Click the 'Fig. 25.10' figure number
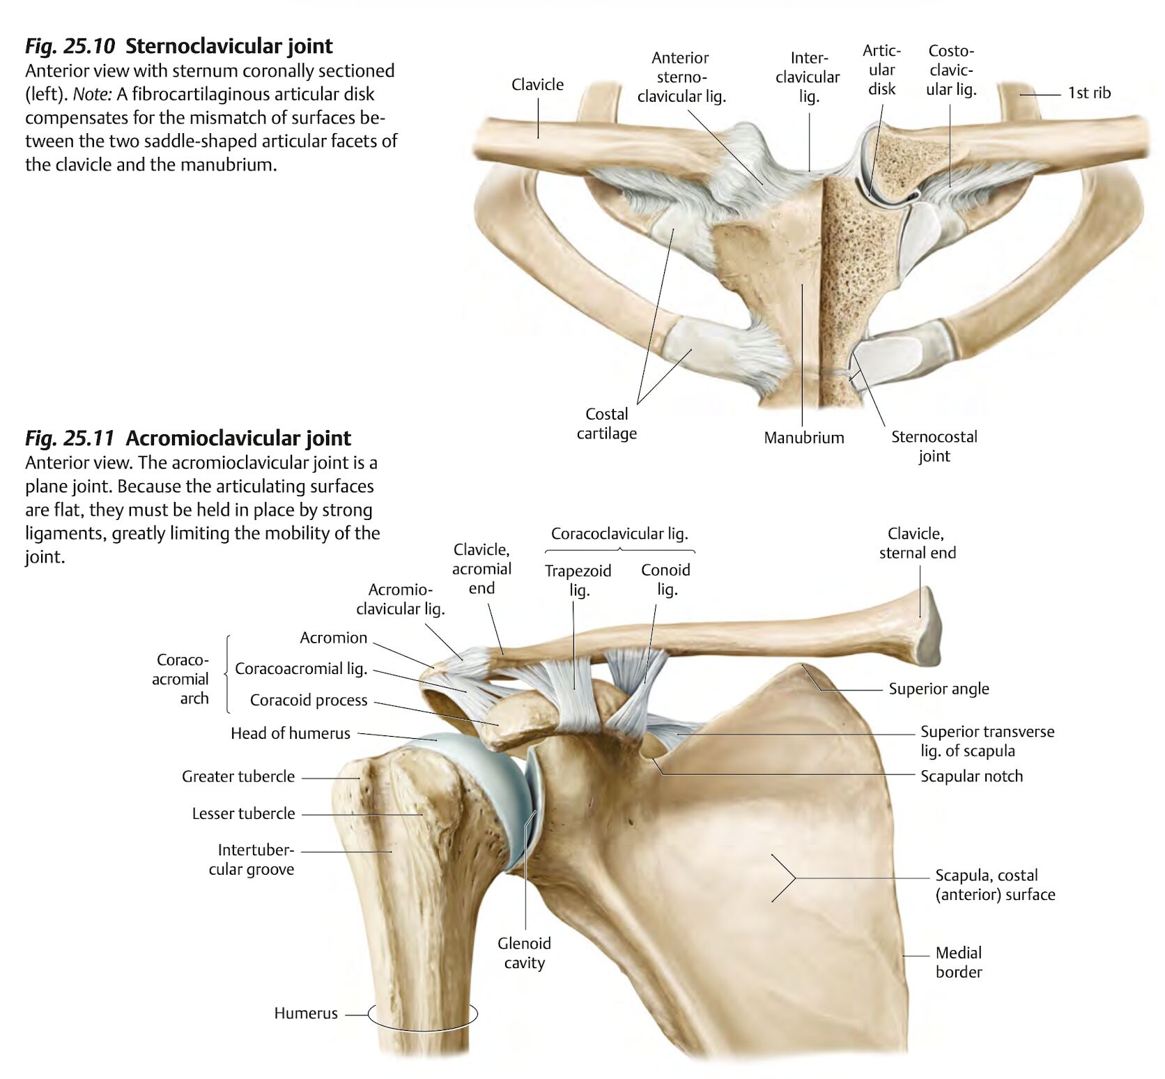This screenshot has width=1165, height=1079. (70, 46)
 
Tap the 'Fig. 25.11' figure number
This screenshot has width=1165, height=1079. (70, 438)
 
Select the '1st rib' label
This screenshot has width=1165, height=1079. (1090, 93)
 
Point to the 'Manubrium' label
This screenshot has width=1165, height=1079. (804, 438)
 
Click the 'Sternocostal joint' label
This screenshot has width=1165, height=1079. (934, 446)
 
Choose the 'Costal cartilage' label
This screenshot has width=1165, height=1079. (607, 424)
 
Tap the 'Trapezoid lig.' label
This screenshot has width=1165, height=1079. (578, 581)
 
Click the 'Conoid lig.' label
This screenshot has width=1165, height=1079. (666, 580)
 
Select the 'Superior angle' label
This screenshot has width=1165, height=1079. (939, 689)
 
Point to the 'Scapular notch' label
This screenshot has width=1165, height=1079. (971, 776)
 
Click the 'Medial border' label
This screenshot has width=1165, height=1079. (959, 962)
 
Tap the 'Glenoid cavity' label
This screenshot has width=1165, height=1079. (525, 953)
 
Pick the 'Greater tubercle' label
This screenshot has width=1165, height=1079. (238, 776)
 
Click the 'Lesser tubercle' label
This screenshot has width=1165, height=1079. (244, 813)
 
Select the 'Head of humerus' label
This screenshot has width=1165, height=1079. (291, 733)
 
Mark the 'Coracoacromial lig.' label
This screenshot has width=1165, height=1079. (301, 669)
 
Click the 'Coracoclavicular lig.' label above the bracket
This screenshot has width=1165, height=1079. (619, 534)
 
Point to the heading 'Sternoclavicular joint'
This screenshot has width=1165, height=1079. (229, 46)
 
